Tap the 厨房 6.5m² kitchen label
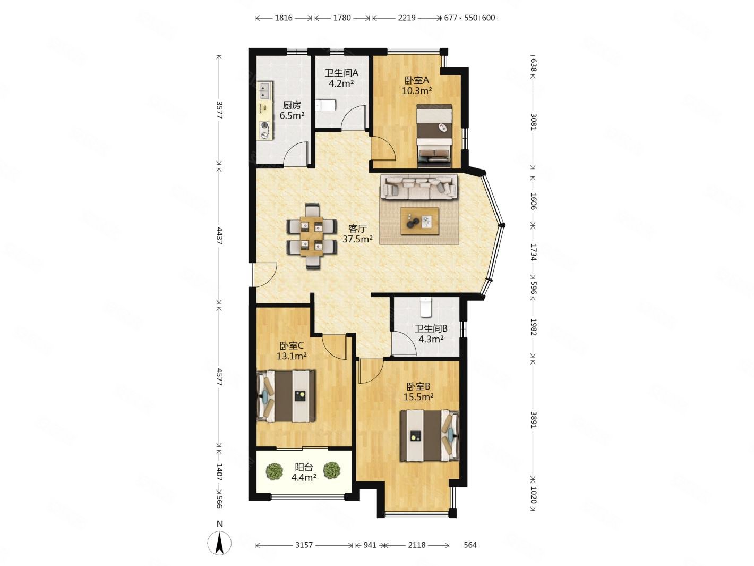[x=292, y=110]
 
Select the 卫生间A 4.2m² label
[x=341, y=78]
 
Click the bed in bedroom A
[x=433, y=135]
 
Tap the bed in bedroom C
[x=286, y=396]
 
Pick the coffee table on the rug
[x=419, y=221]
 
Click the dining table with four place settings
[x=311, y=236]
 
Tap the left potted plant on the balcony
[x=275, y=471]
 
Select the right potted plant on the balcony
[x=331, y=470]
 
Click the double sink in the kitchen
[x=265, y=90]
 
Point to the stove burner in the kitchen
[x=264, y=125]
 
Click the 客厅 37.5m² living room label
[x=357, y=234]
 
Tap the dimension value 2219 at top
[x=407, y=18]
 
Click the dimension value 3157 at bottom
[x=304, y=545]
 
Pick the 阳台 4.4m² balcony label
[x=304, y=472]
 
